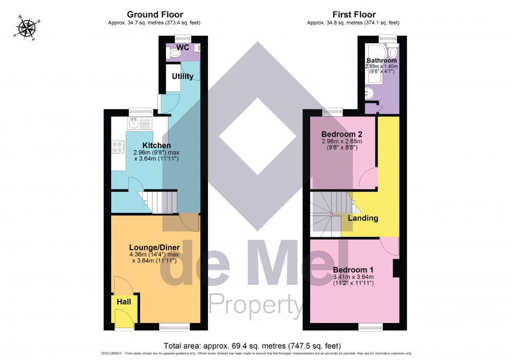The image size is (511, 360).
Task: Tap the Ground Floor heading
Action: click(x=154, y=15)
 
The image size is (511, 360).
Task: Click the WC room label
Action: click(x=182, y=47)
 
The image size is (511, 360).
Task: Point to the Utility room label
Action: click(x=182, y=76)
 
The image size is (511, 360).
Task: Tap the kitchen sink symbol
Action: click(x=135, y=124)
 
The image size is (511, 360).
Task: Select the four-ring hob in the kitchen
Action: click(x=117, y=148)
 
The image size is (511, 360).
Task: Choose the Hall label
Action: click(x=124, y=302)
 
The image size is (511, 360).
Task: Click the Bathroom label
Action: click(x=382, y=61)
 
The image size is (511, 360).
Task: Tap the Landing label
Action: click(x=363, y=218)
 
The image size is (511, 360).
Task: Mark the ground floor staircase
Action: click(x=160, y=201)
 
